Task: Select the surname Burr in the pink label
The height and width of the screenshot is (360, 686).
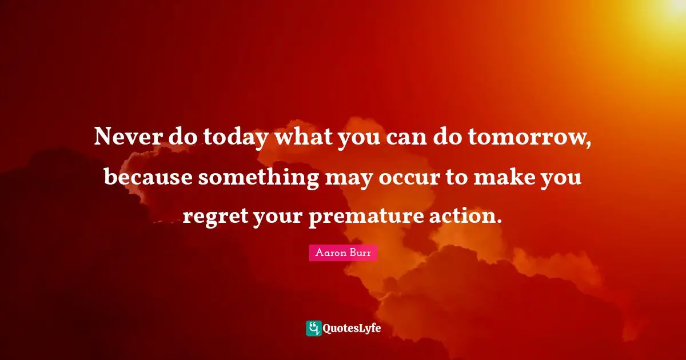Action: click(361, 253)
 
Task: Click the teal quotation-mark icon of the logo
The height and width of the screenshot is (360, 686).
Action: click(314, 328)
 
